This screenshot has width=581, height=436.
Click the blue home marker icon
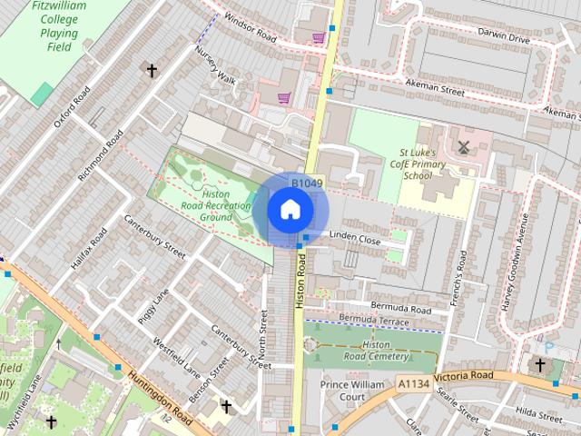pyautogui.click(x=290, y=210)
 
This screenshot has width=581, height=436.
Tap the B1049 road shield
pyautogui.click(x=307, y=183)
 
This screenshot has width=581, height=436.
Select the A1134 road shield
pyautogui.click(x=413, y=385)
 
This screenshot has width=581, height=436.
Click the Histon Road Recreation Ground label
pyautogui.click(x=215, y=205)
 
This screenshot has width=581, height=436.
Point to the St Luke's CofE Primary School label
pyautogui.click(x=418, y=163)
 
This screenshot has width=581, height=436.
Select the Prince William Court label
pyautogui.click(x=352, y=391)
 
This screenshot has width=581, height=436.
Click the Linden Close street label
pyautogui.click(x=355, y=240)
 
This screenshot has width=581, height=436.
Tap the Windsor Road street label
pyautogui.click(x=250, y=28)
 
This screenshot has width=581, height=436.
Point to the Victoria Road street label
pyautogui.click(x=463, y=376)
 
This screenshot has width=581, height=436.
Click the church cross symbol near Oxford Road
pyautogui.click(x=152, y=70)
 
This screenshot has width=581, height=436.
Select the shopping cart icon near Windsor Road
pyautogui.click(x=318, y=38)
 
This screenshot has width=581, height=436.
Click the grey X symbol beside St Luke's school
pyautogui.click(x=465, y=147)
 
